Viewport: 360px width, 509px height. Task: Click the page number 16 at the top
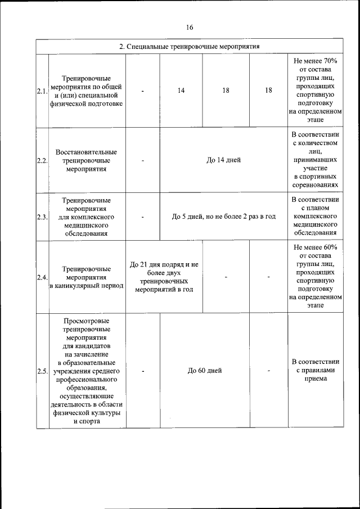tap(189, 28)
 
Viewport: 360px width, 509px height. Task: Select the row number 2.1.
tap(42, 91)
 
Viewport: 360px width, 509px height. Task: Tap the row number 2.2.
tap(42, 160)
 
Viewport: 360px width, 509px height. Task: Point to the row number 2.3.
tap(42, 217)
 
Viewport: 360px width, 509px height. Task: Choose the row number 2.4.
tap(42, 277)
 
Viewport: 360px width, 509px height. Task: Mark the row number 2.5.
tap(42, 371)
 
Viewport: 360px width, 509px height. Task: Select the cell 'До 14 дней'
tap(223, 160)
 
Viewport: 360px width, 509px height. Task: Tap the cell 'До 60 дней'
tap(205, 371)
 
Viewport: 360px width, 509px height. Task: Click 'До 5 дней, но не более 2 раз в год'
tap(223, 217)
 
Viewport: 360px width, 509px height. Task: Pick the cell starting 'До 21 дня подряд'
tap(164, 264)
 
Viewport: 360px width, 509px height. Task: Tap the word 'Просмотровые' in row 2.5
tap(87, 321)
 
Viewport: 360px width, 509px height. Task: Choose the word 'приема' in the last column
tap(315, 379)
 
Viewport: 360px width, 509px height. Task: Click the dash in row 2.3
tap(143, 217)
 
